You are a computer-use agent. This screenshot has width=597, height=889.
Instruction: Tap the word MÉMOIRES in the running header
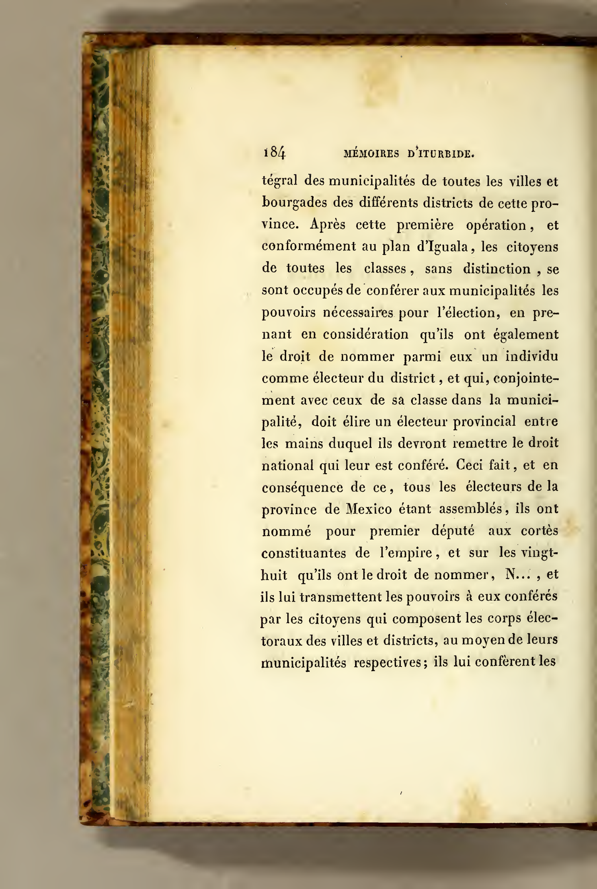point(371,154)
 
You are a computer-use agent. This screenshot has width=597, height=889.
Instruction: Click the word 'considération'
point(366,334)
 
